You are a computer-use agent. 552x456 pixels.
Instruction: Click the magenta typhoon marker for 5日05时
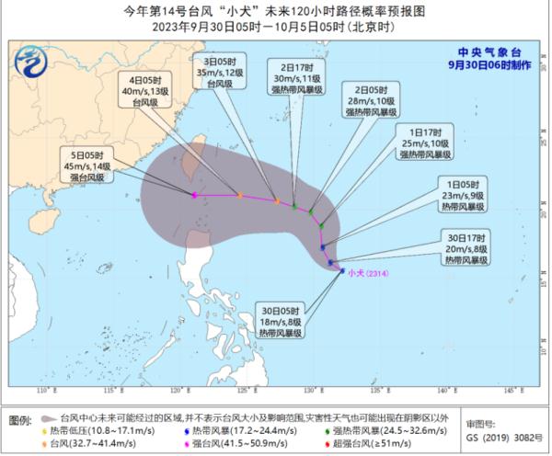(x=194, y=196)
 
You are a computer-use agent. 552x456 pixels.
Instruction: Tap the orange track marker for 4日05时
(x=239, y=195)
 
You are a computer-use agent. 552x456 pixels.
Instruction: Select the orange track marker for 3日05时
(x=277, y=201)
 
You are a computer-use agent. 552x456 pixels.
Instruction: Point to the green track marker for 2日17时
(x=294, y=206)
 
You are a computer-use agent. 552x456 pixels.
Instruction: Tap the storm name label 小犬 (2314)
(x=366, y=270)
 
